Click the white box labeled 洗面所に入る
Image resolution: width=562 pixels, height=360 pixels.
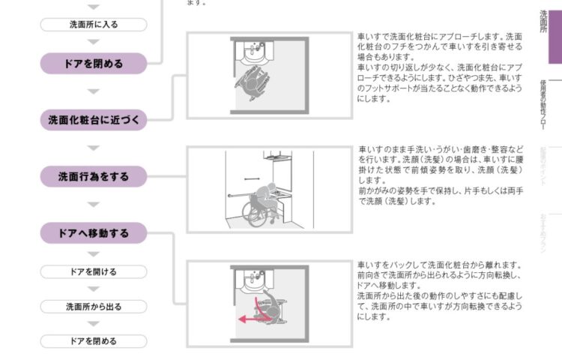point(94,24)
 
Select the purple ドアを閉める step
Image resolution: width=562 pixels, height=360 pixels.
point(94,64)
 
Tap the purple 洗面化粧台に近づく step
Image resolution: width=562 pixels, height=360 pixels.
point(94,119)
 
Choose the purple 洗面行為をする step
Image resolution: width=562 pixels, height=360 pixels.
point(94,177)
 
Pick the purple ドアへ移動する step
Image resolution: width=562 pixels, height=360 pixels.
point(94,233)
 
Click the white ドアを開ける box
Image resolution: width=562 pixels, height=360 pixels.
point(94,271)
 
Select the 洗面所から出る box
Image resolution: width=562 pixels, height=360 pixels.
point(94,307)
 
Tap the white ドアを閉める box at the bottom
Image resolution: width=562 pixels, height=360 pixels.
point(94,341)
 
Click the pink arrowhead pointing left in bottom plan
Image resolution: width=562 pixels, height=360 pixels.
point(241,319)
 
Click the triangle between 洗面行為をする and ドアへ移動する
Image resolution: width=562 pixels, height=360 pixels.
point(94,205)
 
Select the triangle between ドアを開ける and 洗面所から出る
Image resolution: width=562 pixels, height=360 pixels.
point(94,289)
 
